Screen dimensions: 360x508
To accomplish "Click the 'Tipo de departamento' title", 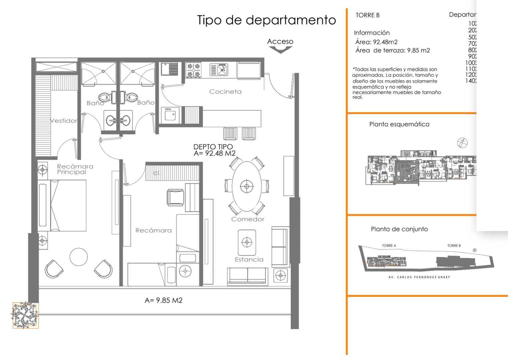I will tap(266, 20).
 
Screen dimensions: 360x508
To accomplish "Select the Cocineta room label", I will tap(225, 91).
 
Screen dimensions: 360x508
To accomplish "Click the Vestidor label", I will tap(63, 120).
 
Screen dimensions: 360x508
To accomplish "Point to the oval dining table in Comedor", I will tap(247, 186).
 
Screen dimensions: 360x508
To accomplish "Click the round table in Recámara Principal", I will tap(79, 257).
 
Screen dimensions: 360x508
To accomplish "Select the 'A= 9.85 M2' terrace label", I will tap(163, 300).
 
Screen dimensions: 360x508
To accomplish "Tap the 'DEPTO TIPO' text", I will tap(213, 147).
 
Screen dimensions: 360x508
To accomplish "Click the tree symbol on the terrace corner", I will tap(25, 315).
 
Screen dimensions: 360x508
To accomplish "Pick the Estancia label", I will tap(249, 259).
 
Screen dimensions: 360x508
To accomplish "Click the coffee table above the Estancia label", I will tap(247, 242).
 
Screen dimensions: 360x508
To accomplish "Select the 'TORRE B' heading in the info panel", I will tap(367, 15).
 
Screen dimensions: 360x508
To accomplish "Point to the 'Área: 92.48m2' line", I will tap(376, 42).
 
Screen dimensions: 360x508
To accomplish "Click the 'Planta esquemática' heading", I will tap(399, 124).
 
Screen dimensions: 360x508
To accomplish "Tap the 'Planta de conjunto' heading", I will tap(399, 229).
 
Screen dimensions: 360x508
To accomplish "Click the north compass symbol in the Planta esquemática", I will tap(462, 143).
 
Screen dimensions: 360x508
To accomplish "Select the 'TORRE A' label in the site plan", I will tap(389, 246).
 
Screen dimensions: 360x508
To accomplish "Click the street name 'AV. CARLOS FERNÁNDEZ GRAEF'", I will tap(419, 277).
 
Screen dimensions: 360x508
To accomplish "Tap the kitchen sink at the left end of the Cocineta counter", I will tap(169, 69).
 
